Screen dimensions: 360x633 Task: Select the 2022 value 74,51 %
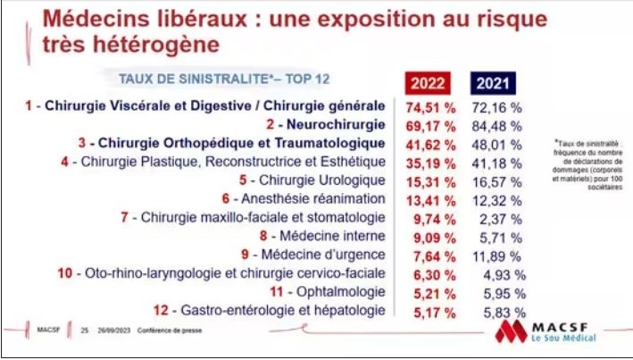pos(431,106)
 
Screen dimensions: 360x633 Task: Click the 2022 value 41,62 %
pos(431,144)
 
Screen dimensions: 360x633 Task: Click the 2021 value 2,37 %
pos(504,217)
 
